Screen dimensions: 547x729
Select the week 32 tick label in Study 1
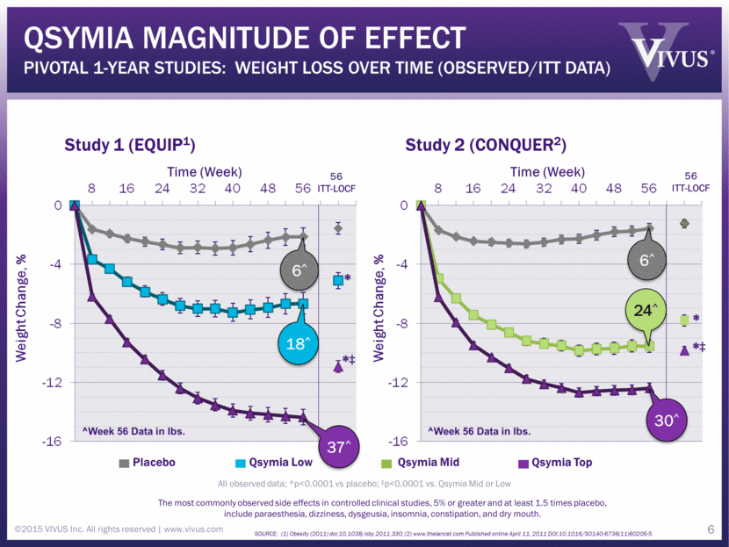click(198, 188)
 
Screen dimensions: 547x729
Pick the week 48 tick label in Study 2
click(614, 188)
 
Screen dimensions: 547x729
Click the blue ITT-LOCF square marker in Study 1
click(337, 280)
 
